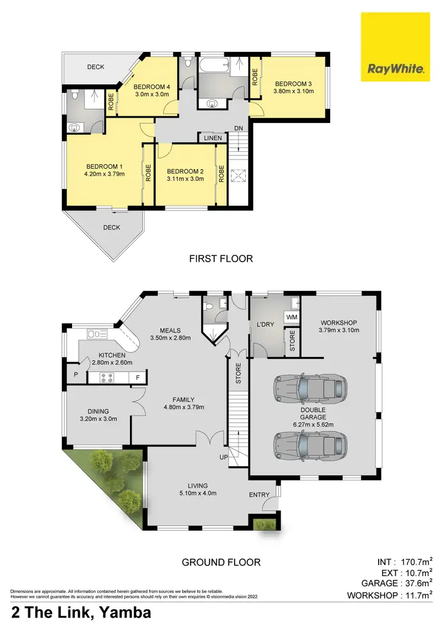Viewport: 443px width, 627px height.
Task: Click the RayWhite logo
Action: pos(395,47)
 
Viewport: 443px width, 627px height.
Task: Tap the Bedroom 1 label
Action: pos(104,166)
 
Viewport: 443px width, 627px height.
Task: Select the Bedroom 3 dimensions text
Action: pos(292,91)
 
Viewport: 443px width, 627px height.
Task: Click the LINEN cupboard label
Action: pos(213,138)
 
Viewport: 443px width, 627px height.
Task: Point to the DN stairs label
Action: pos(238,128)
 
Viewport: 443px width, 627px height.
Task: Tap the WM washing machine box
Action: pos(291,317)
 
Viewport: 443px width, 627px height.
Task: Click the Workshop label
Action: pos(338,321)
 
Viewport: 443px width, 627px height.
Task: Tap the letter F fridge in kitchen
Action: pos(138,378)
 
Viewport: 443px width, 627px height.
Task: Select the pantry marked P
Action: pos(76,375)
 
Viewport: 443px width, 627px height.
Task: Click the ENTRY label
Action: pos(259,495)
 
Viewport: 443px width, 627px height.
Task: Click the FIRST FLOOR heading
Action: pos(221,258)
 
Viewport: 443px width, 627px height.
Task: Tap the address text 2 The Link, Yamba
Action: pos(81,612)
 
